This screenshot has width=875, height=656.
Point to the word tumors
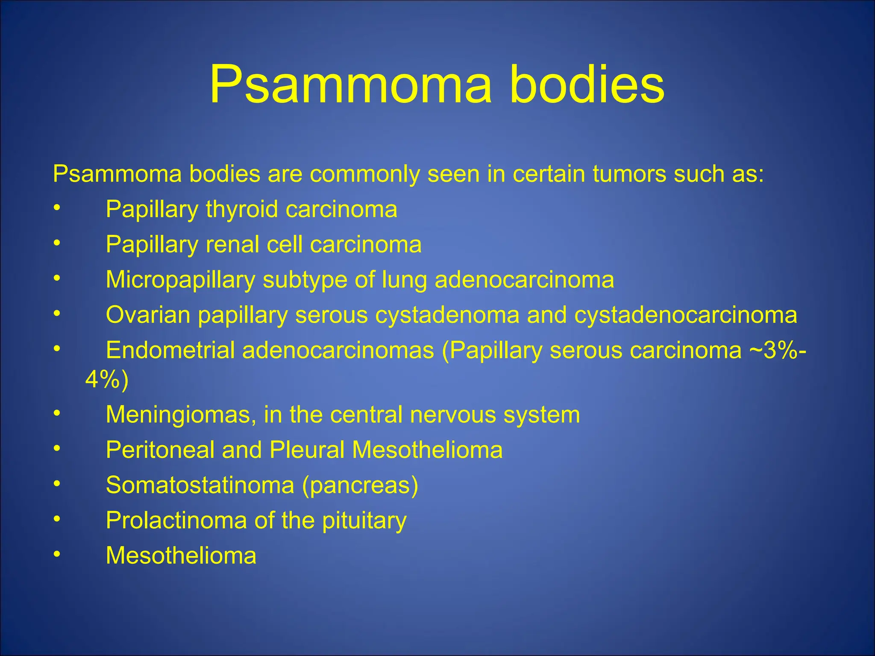(629, 174)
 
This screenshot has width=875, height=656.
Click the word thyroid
(242, 210)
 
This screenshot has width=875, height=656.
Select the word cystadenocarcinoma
(686, 315)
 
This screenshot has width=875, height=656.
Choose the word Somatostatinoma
(200, 485)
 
